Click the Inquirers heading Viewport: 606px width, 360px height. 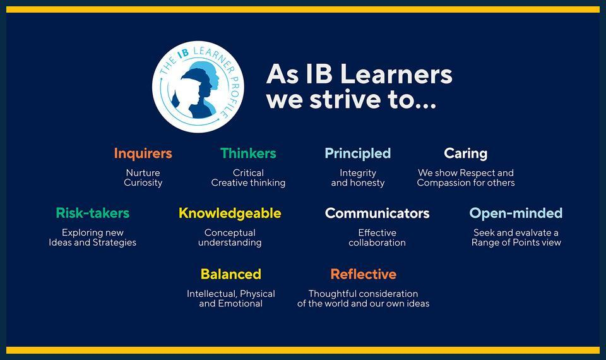tap(143, 153)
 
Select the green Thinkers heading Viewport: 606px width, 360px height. tap(248, 153)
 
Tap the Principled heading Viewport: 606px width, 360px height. tap(357, 153)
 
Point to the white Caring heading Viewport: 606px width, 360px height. tap(465, 153)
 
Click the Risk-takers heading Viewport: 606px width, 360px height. tap(92, 213)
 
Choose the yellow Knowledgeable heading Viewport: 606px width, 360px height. tap(230, 213)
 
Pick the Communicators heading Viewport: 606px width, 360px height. tap(377, 213)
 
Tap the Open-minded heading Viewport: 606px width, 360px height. tap(516, 213)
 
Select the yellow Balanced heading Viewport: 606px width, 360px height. tap(230, 274)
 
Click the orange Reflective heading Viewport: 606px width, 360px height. tap(363, 274)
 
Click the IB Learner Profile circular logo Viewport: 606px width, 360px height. tap(198, 87)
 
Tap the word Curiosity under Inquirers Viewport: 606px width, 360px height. tap(143, 183)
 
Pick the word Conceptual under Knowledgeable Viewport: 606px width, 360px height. tap(230, 232)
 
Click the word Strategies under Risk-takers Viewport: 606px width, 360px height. tap(113, 243)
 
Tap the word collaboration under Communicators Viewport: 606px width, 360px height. tap(377, 243)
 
